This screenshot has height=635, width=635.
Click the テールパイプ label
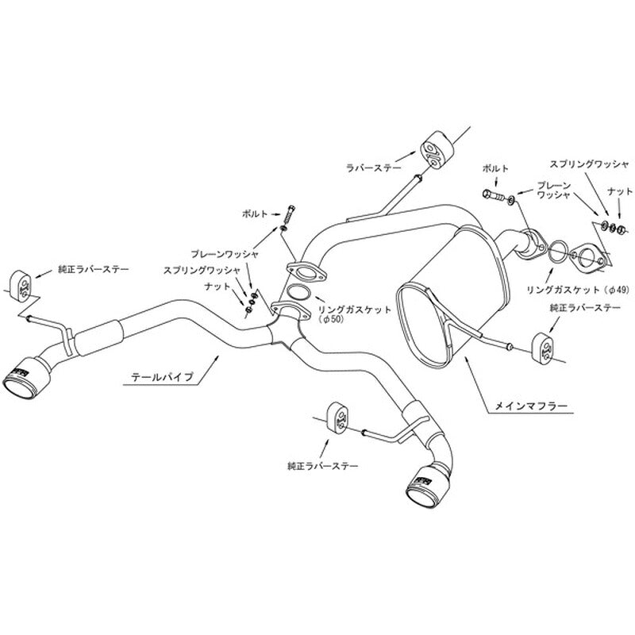[163, 378]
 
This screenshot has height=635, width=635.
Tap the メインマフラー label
[531, 406]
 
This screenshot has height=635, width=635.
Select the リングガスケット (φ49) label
[578, 290]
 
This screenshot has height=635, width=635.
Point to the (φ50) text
[333, 320]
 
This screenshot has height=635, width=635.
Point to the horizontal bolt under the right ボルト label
[494, 195]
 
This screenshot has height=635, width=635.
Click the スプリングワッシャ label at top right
[589, 164]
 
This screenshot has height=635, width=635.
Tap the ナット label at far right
[620, 190]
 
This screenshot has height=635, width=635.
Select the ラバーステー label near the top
[373, 167]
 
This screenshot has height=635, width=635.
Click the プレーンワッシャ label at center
[225, 254]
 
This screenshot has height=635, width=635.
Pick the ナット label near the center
[217, 287]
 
